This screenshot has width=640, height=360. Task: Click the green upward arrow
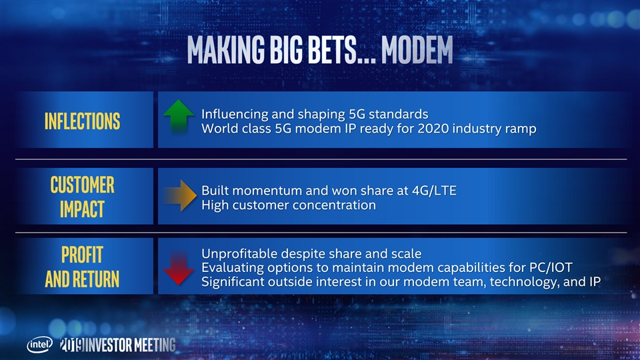(179, 116)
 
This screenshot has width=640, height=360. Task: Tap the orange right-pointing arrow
(179, 195)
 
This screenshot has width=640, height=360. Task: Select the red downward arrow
(179, 268)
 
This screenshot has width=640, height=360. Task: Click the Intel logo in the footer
(39, 345)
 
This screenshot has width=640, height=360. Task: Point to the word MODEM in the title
(417, 50)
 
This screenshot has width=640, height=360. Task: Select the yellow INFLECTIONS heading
(83, 121)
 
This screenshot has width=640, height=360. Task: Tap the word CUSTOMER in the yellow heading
(83, 185)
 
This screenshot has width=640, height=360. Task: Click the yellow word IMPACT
(83, 209)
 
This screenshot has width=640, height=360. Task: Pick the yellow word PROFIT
(83, 255)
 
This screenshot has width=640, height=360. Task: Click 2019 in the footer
(72, 345)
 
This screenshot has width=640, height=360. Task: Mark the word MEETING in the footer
(155, 345)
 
